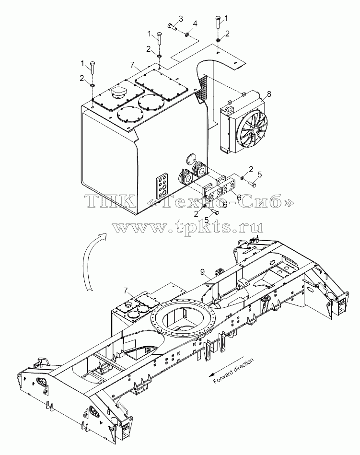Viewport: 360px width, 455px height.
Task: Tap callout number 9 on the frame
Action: point(202,271)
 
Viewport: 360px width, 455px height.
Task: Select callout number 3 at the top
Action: point(181,19)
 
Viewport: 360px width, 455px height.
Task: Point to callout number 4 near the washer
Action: point(195,24)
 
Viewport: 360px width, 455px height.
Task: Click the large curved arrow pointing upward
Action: point(92,261)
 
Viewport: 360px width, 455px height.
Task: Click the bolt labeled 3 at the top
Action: point(173,26)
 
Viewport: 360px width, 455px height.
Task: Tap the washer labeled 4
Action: point(187,35)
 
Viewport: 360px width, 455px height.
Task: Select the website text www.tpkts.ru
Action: point(188,227)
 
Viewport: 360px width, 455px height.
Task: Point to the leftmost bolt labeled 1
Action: point(92,68)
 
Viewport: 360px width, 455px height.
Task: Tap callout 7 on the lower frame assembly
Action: point(125,290)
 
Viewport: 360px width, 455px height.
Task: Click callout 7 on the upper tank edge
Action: point(133,64)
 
